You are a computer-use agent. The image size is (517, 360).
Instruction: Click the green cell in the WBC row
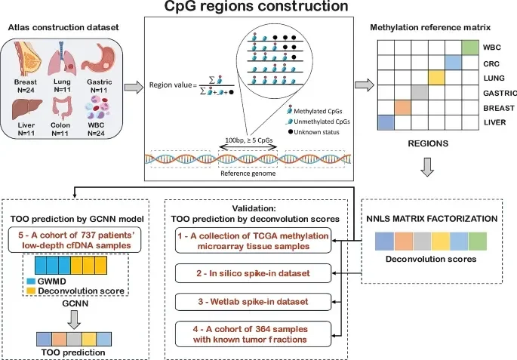pyautogui.click(x=469, y=48)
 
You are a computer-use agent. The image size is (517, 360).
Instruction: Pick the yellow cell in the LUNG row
pyautogui.click(x=435, y=77)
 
